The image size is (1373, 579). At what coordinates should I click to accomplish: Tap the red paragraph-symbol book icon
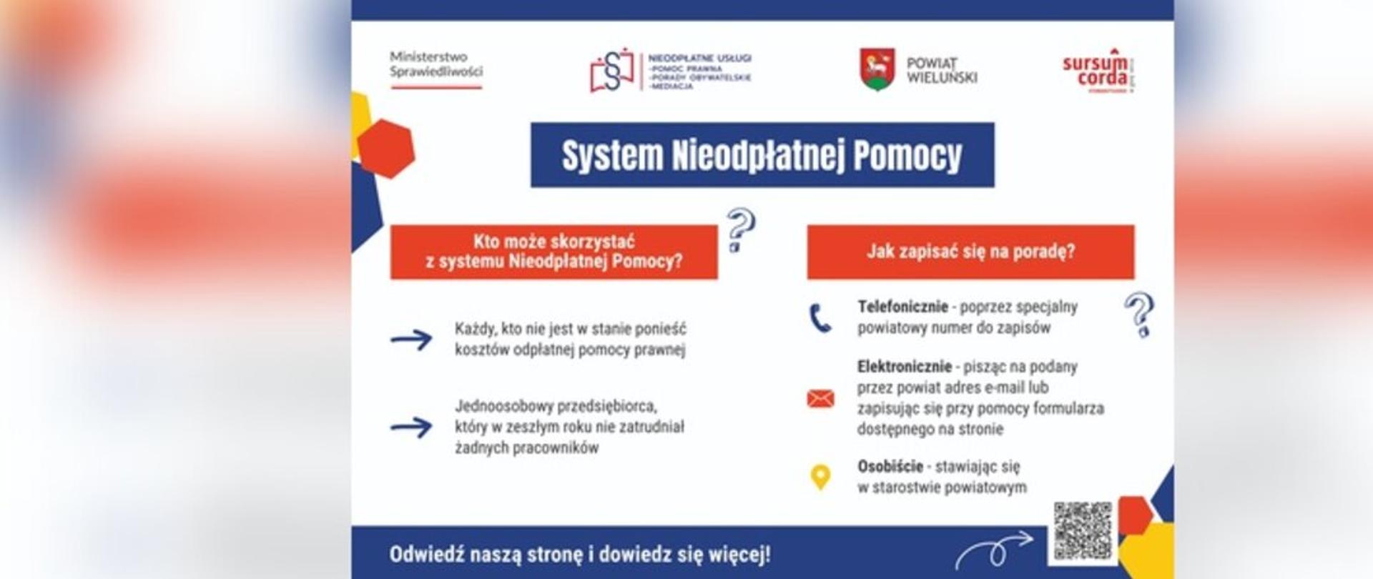click(x=611, y=70)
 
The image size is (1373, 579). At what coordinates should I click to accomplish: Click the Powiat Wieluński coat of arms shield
click(x=877, y=69)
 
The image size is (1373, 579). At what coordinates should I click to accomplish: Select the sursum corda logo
click(x=1097, y=71)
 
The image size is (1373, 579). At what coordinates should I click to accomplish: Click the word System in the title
click(x=612, y=156)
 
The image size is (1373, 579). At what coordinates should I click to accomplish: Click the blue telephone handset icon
click(x=820, y=318)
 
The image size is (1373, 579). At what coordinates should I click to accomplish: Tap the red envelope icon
click(x=820, y=398)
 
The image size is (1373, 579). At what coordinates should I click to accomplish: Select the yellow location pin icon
click(x=820, y=477)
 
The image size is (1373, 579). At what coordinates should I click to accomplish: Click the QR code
click(x=1083, y=530)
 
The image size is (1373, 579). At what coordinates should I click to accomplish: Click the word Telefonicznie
click(x=902, y=307)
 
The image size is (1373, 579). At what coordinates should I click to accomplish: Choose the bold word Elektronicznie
click(x=904, y=367)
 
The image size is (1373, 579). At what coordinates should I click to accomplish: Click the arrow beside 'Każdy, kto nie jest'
click(x=411, y=339)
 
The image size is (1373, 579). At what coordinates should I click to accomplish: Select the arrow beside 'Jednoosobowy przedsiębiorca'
click(x=411, y=427)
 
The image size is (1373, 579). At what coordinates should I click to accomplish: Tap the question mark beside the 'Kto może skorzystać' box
click(x=740, y=229)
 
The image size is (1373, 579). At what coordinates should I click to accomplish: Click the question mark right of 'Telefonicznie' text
click(x=1139, y=314)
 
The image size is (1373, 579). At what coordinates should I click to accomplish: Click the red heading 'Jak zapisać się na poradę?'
click(x=970, y=252)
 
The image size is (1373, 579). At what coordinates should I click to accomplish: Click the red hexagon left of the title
click(x=386, y=149)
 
